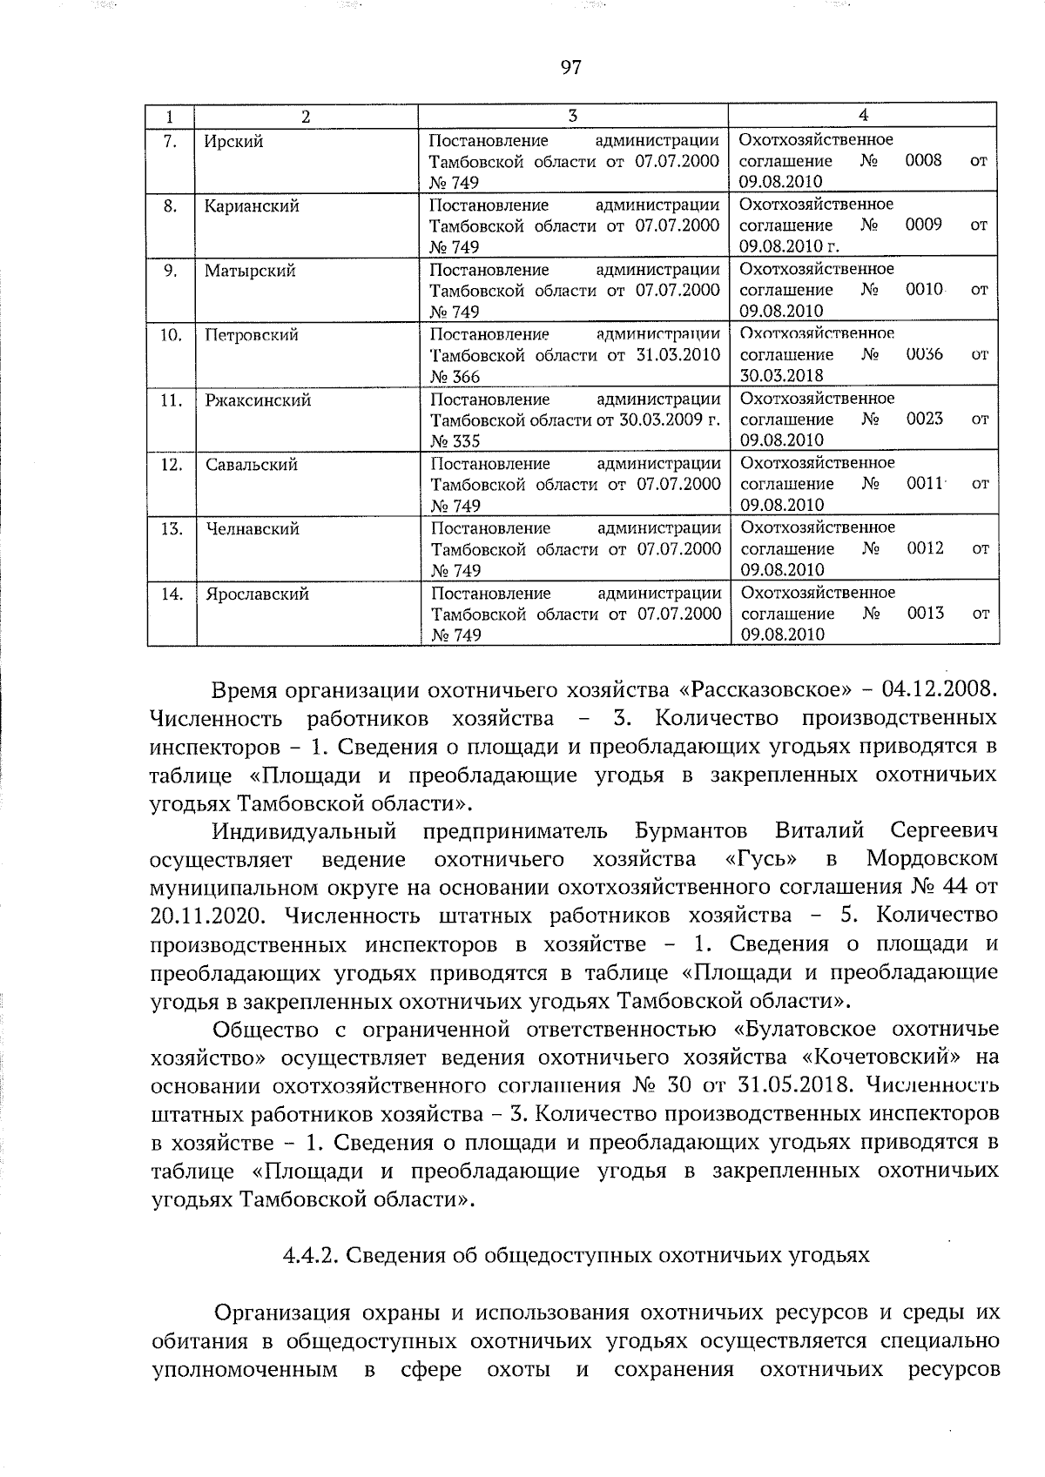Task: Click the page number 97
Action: tap(571, 67)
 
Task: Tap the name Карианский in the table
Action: tap(253, 206)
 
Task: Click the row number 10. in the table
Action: tap(172, 335)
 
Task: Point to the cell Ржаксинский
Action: tap(259, 400)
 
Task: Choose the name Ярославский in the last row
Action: tap(258, 594)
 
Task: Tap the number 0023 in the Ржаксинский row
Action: tap(925, 420)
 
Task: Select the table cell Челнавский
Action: tap(253, 529)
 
